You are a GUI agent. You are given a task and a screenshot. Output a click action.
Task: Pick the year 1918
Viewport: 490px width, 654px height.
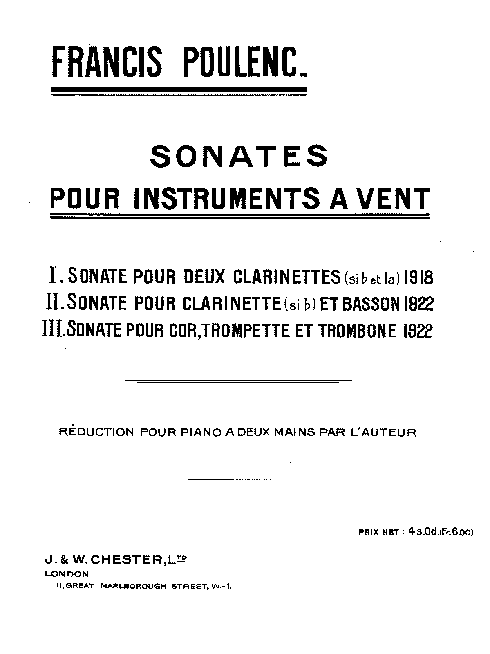(418, 278)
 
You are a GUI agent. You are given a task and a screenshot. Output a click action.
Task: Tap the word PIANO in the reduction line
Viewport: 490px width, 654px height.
(199, 432)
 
